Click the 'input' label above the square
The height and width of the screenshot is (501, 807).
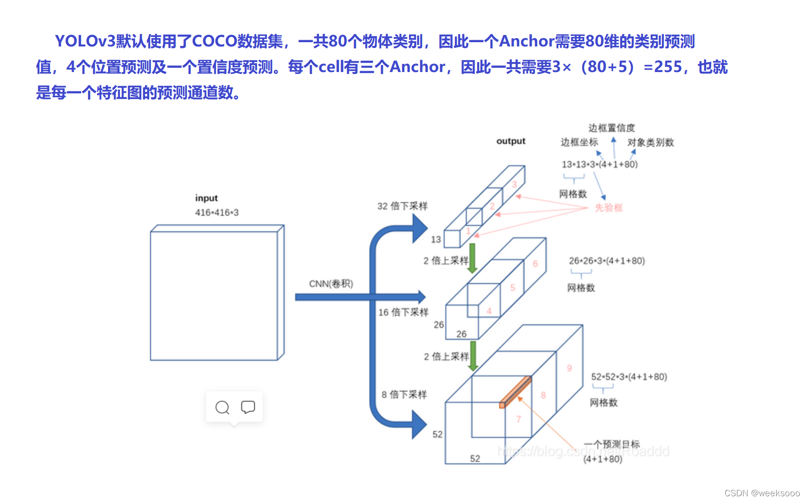206,198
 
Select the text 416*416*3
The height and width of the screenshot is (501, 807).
217,213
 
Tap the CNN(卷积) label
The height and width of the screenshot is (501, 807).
331,283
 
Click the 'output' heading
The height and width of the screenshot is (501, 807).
511,141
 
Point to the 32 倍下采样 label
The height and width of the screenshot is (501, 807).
402,206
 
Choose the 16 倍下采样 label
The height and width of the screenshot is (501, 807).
403,312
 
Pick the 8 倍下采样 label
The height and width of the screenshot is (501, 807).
404,395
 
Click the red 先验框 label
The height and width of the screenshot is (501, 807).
608,208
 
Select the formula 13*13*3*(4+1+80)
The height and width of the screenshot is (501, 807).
599,164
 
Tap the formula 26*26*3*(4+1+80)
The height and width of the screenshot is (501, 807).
607,261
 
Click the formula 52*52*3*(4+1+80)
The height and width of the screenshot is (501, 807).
629,377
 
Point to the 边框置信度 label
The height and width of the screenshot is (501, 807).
611,128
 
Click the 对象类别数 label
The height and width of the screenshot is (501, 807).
650,143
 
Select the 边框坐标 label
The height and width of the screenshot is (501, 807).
579,142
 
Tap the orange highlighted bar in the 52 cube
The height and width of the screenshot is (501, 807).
516,392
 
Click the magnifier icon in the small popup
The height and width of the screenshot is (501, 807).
222,407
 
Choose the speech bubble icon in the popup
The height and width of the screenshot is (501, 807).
248,407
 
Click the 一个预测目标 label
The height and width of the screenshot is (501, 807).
612,444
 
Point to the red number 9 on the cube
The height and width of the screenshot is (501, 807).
569,368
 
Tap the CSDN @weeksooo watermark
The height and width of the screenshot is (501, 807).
762,493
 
